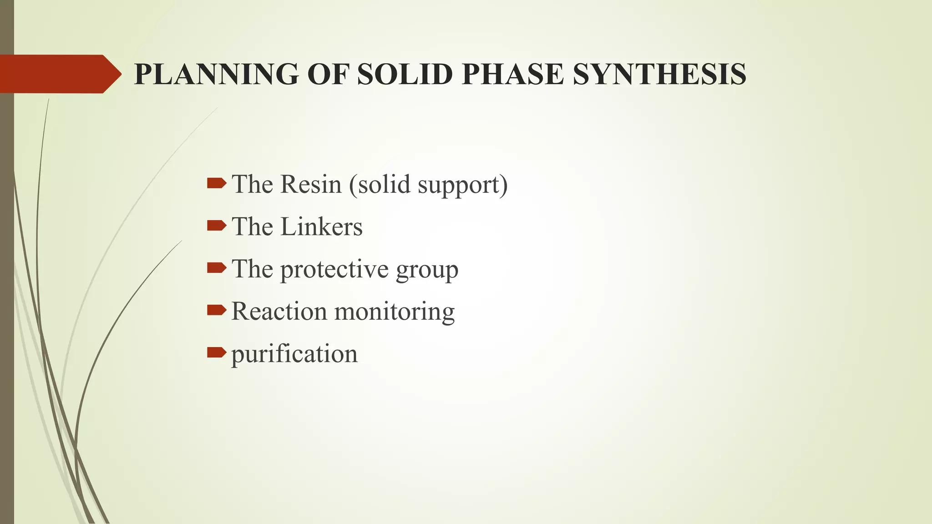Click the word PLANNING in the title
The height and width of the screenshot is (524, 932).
(216, 74)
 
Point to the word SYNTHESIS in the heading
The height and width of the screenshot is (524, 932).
(659, 74)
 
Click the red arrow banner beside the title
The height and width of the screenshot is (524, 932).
(59, 74)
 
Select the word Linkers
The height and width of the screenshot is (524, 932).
(321, 227)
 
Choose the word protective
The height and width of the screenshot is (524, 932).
(334, 270)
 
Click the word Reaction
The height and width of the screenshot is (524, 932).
(279, 312)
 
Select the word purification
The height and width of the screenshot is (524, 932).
(294, 354)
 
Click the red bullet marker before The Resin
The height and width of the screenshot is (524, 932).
(216, 183)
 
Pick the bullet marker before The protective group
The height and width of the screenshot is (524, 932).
(216, 268)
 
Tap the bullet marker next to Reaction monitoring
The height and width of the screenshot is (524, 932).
(216, 310)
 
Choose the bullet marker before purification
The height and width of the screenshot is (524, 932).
(216, 353)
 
